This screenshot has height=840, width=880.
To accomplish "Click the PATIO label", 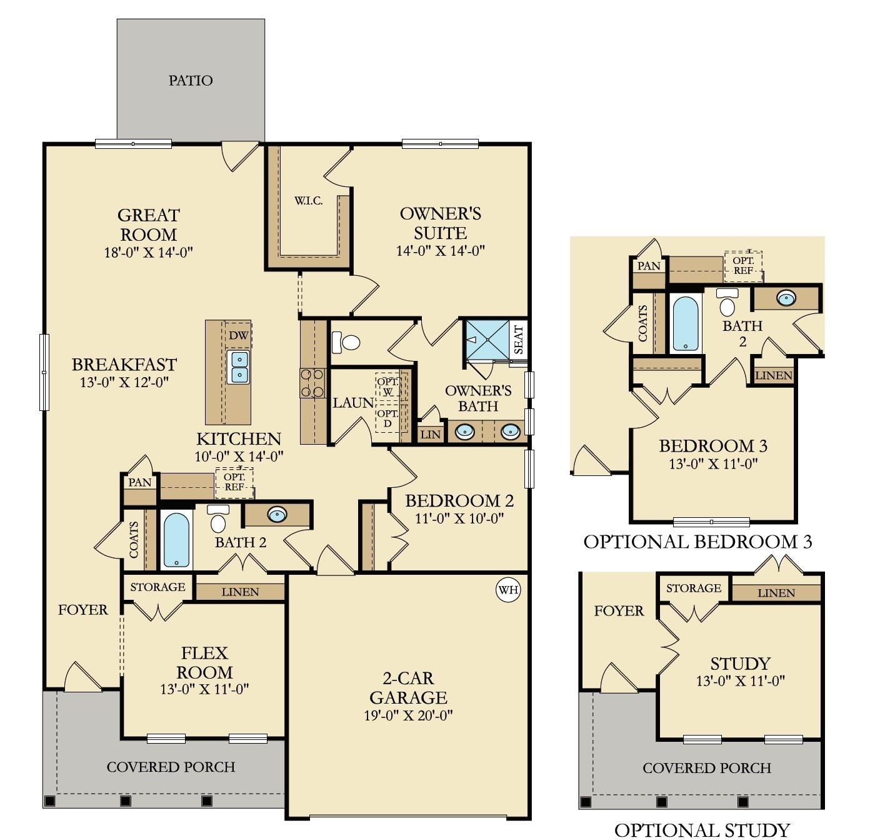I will click(x=191, y=81).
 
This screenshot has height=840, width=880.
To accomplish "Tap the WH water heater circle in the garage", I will click(x=508, y=590).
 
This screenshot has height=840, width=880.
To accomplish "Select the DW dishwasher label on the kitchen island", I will click(x=238, y=336).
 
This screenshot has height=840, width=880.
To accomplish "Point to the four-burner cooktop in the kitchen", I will click(x=312, y=383).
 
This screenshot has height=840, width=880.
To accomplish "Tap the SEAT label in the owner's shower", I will click(x=518, y=340).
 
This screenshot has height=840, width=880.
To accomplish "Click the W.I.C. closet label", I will click(x=309, y=201).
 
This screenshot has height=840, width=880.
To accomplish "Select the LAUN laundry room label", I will click(x=352, y=403).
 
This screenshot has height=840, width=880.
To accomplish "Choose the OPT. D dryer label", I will click(x=387, y=418).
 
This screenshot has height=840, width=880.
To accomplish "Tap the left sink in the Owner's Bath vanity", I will click(x=464, y=432).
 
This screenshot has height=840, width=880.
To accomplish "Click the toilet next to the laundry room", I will click(x=346, y=342).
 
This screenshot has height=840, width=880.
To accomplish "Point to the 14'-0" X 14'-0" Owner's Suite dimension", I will click(x=441, y=251).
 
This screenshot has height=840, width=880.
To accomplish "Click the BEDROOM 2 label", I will click(x=459, y=501).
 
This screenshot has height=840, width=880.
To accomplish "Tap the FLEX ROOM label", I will click(x=204, y=662).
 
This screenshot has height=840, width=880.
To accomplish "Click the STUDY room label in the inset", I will click(x=740, y=664).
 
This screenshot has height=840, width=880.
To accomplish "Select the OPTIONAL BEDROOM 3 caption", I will click(x=697, y=542).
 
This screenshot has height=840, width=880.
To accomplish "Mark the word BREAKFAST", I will click(x=124, y=365).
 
